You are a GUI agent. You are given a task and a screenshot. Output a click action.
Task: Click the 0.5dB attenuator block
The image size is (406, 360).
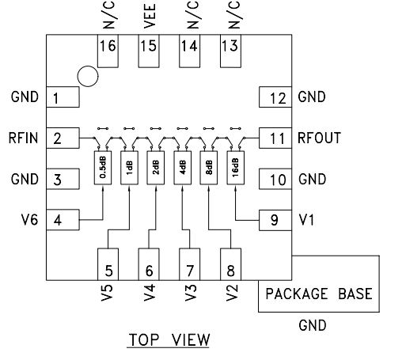103,168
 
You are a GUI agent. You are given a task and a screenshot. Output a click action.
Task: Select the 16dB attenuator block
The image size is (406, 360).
236,168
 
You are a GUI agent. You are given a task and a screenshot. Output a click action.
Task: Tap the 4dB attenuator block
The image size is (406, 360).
183,168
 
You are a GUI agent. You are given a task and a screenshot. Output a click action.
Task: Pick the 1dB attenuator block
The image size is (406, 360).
129,168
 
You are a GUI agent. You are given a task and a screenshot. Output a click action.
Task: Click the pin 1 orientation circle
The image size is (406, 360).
88,76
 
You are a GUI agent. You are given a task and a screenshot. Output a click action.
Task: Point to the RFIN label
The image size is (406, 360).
23,138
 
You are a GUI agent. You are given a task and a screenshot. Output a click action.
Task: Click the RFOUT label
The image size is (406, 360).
319,138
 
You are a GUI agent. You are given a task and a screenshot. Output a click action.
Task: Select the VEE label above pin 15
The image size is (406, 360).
150,16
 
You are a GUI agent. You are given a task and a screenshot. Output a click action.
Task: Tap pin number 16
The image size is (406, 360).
108,46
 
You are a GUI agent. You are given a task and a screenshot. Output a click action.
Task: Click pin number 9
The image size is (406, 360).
275,220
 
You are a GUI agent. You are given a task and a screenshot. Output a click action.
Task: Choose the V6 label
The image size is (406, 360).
29,220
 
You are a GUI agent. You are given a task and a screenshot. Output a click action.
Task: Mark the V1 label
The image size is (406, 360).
307,220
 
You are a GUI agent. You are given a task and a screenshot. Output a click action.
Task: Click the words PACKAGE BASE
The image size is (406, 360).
319,294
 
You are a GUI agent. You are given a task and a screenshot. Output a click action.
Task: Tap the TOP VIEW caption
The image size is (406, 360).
169,339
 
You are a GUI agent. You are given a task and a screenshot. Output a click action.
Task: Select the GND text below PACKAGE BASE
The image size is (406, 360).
313,325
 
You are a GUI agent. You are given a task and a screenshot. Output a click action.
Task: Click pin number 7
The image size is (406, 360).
190,271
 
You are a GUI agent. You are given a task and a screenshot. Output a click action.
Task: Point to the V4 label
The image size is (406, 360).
150,293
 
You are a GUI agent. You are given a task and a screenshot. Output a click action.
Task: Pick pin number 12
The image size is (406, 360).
278,99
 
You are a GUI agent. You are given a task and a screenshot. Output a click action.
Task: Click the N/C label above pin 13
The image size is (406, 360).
234,15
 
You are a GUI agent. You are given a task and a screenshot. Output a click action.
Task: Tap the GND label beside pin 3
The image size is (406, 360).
25,179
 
